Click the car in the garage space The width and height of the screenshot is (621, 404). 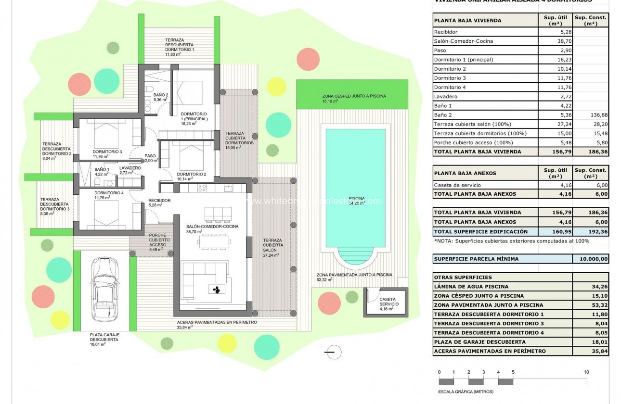105,294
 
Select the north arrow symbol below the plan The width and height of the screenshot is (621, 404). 332,353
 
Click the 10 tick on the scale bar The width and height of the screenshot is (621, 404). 586,372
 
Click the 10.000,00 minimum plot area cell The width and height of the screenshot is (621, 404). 591,259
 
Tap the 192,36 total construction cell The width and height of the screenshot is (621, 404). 591,231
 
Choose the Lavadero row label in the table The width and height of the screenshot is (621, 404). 445,97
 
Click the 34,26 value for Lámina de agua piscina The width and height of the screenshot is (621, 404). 591,287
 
